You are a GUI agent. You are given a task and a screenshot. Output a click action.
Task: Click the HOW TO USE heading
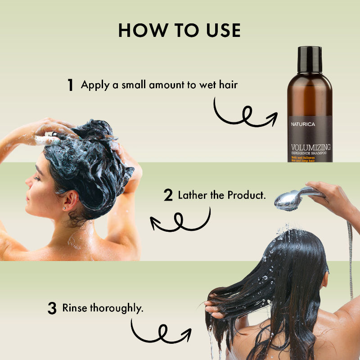(x=180, y=30)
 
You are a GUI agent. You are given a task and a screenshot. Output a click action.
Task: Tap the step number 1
(x=70, y=85)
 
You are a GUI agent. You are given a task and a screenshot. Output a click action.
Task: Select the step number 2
(x=168, y=196)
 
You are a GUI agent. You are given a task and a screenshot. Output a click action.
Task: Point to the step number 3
(x=52, y=309)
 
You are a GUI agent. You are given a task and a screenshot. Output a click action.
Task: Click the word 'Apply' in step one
(x=94, y=85)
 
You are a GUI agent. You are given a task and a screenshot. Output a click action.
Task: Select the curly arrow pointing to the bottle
(x=245, y=116)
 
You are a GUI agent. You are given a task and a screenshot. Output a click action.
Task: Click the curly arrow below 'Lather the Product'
(x=180, y=220)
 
